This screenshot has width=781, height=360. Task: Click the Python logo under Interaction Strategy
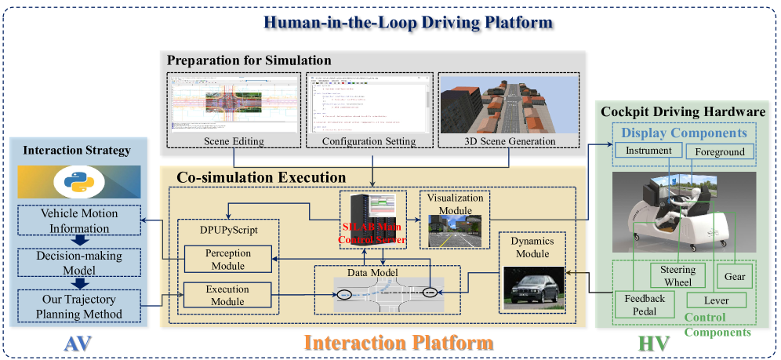[76, 182]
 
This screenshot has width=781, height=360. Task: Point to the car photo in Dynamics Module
[533, 287]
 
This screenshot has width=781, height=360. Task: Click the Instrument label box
[648, 150]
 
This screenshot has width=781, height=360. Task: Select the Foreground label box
[719, 151]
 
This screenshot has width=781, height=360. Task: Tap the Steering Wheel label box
[673, 276]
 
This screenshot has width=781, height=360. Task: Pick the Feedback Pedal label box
[645, 305]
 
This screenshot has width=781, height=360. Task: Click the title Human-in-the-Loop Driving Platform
[408, 21]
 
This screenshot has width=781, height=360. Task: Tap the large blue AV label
[76, 342]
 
